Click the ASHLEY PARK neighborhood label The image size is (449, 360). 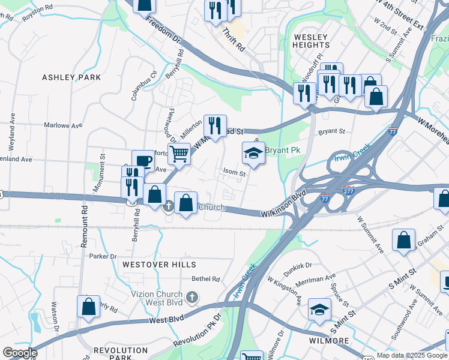tap(71, 77)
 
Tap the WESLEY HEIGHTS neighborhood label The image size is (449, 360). tap(311, 41)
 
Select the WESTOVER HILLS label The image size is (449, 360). tap(159, 265)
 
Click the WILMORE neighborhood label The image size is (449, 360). tap(328, 341)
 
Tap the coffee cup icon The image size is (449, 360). tap(143, 161)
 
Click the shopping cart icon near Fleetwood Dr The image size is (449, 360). tap(179, 154)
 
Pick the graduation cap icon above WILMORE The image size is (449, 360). tap(319, 310)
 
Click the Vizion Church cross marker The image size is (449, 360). tap(191, 298)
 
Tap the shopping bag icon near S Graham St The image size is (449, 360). tap(403, 239)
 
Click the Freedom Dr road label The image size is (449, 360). tap(163, 32)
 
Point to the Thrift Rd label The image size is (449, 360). tap(234, 39)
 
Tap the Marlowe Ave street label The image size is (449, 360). tap(63, 126)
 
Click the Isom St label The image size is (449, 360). tap(235, 173)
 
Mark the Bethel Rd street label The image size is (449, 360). tap(206, 279)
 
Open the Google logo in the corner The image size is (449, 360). tap(20, 353)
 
